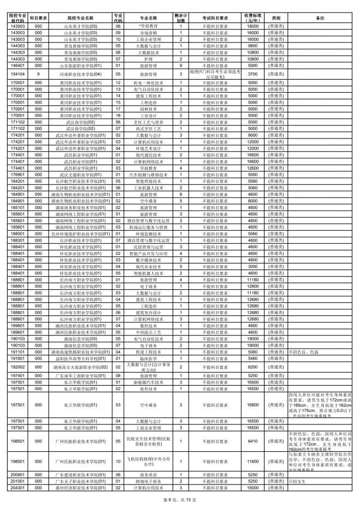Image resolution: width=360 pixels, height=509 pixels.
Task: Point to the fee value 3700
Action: click(252, 74)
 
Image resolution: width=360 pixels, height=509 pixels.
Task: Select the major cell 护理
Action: click(148, 59)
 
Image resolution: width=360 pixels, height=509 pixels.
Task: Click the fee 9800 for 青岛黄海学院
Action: click(252, 46)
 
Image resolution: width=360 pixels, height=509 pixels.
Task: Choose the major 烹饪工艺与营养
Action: click(148, 122)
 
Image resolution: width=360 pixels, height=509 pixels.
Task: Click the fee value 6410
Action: click(252, 441)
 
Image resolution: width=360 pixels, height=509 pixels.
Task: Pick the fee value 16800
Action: click(252, 405)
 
